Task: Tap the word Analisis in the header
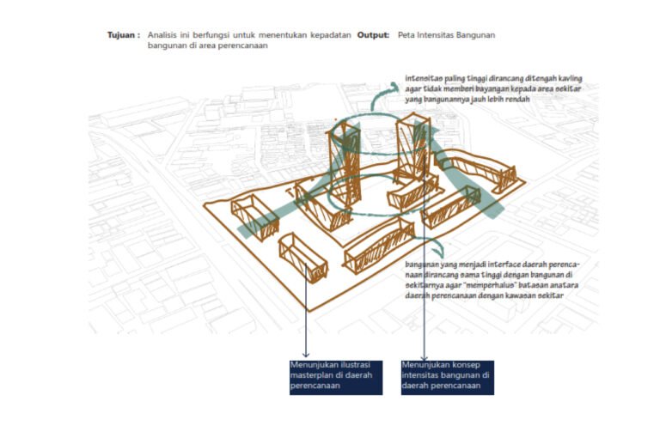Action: [x=162, y=34]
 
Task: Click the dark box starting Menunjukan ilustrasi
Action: [x=335, y=376]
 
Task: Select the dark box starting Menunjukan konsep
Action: [x=447, y=376]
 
